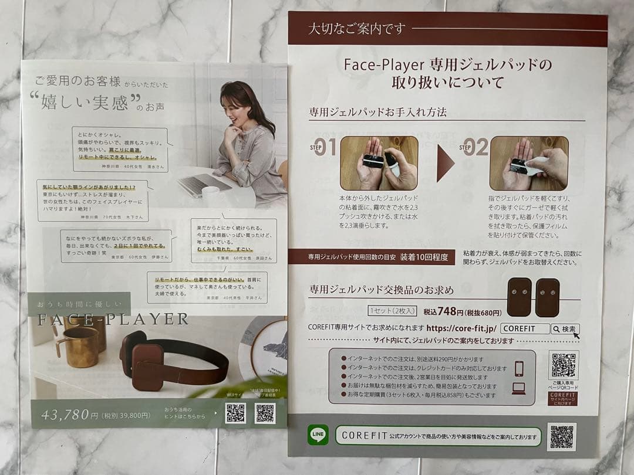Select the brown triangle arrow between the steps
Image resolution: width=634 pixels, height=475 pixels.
coord(445,162)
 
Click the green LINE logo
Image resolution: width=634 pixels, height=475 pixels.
coord(318,435)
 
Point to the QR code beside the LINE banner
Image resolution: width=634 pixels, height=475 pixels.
coord(561,437)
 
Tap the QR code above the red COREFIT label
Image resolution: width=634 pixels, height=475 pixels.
coord(563,365)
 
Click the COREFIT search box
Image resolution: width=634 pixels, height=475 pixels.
coord(525,329)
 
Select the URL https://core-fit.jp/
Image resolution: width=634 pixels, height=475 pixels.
coord(461,328)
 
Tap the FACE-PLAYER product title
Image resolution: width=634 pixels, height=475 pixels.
coord(113,320)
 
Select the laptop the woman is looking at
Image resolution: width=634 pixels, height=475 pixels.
coord(203,184)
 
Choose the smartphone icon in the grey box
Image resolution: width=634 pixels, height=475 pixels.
coord(519,368)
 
